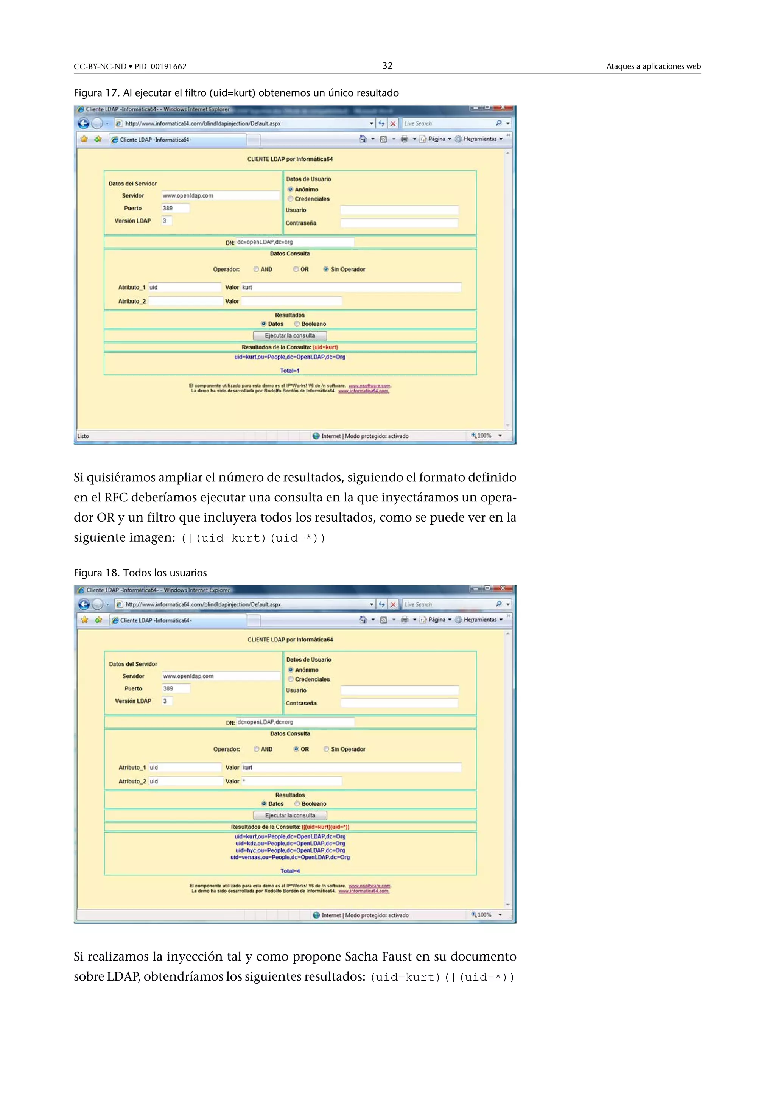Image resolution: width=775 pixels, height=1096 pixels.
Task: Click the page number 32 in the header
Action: point(387,66)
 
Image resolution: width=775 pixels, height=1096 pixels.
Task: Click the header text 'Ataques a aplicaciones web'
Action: point(653,66)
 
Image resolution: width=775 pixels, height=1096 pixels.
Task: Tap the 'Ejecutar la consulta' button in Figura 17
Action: point(289,336)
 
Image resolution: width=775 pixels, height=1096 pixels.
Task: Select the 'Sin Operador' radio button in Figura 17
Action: point(326,269)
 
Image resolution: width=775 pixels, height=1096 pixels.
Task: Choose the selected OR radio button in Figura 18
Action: point(296,749)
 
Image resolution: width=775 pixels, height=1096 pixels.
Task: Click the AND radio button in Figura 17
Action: point(256,269)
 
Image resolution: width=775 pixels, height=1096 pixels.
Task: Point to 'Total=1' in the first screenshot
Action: point(289,371)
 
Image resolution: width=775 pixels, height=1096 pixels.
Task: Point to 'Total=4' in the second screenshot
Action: point(290,871)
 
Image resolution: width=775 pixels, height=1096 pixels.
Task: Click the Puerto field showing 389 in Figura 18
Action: point(176,688)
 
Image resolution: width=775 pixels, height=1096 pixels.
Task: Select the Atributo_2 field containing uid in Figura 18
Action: point(185,782)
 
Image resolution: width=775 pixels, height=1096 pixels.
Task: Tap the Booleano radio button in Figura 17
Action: point(297,324)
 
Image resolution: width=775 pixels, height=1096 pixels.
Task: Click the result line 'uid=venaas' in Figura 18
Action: point(290,857)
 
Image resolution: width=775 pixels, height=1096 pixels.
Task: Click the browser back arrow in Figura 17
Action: point(84,124)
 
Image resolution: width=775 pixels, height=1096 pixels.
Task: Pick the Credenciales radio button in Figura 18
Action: point(291,679)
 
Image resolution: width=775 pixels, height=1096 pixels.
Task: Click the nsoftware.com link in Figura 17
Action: point(369,386)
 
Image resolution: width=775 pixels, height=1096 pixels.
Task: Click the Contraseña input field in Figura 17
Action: point(399,223)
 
